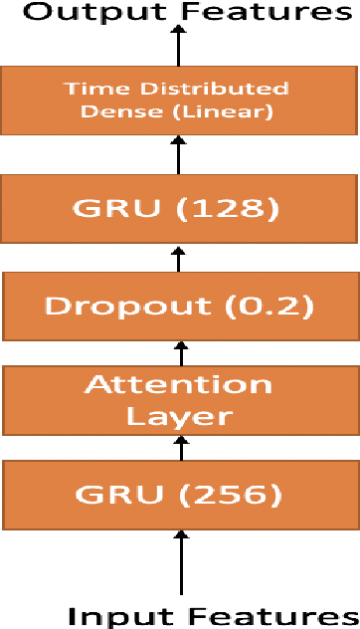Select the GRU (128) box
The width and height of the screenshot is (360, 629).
[180, 210]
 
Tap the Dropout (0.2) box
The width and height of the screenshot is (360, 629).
[180, 306]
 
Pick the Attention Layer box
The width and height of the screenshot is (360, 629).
[180, 399]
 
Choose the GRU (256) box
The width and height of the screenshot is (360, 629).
[180, 494]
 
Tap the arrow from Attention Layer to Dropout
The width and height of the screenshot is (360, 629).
[180, 352]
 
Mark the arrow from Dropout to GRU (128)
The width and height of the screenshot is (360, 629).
[180, 258]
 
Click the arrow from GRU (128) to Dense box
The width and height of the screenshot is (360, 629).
[180, 157]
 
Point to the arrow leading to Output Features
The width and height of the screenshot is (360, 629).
[180, 45]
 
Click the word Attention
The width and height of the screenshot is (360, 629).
[179, 384]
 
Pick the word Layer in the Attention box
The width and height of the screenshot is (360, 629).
[179, 415]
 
